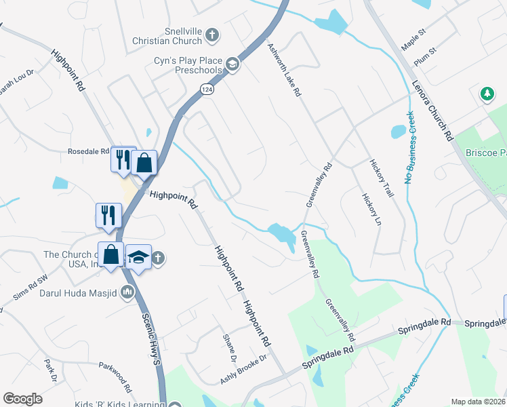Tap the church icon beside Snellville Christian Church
click(212, 33)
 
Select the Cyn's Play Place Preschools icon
click(232, 64)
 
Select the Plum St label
click(424, 58)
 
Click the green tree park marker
click(486, 94)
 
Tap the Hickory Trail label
click(382, 178)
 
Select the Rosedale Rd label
click(88, 151)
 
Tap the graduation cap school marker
click(138, 257)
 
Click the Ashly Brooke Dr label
click(244, 370)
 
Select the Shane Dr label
click(230, 347)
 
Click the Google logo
click(22, 399)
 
